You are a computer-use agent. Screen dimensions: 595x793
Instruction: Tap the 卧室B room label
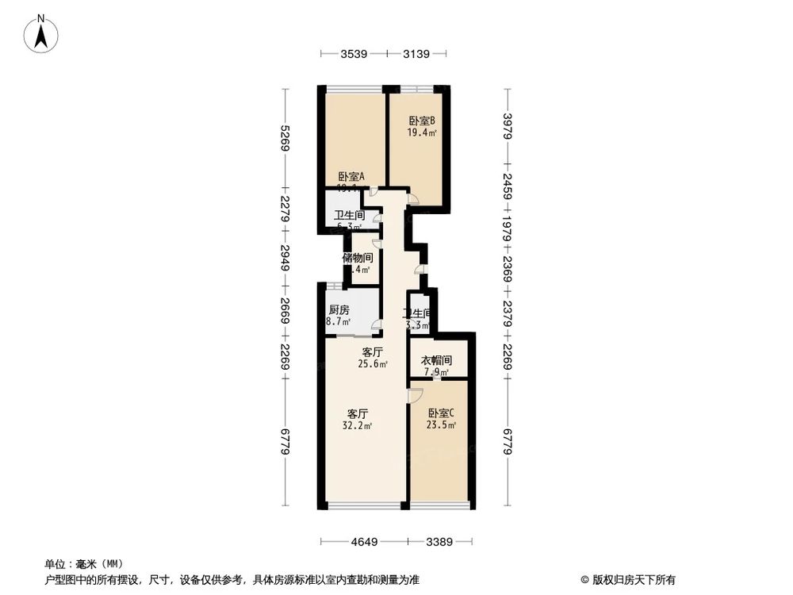(422, 121)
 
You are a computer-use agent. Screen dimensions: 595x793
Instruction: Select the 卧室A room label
(351, 177)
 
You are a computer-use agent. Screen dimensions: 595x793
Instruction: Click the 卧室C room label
(442, 413)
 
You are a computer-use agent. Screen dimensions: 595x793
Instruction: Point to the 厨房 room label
(339, 310)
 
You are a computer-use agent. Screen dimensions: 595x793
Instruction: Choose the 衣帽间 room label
(436, 360)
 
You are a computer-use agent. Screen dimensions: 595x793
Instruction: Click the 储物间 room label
(357, 258)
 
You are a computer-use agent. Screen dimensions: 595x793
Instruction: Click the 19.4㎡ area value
(422, 132)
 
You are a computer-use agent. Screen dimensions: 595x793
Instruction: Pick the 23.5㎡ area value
(442, 425)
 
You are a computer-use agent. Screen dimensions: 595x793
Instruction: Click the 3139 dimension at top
(416, 54)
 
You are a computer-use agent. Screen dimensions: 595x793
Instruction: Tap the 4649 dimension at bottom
(364, 543)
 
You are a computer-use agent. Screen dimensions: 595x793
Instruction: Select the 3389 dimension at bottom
(439, 543)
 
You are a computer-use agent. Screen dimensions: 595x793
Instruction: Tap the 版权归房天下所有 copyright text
(632, 580)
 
